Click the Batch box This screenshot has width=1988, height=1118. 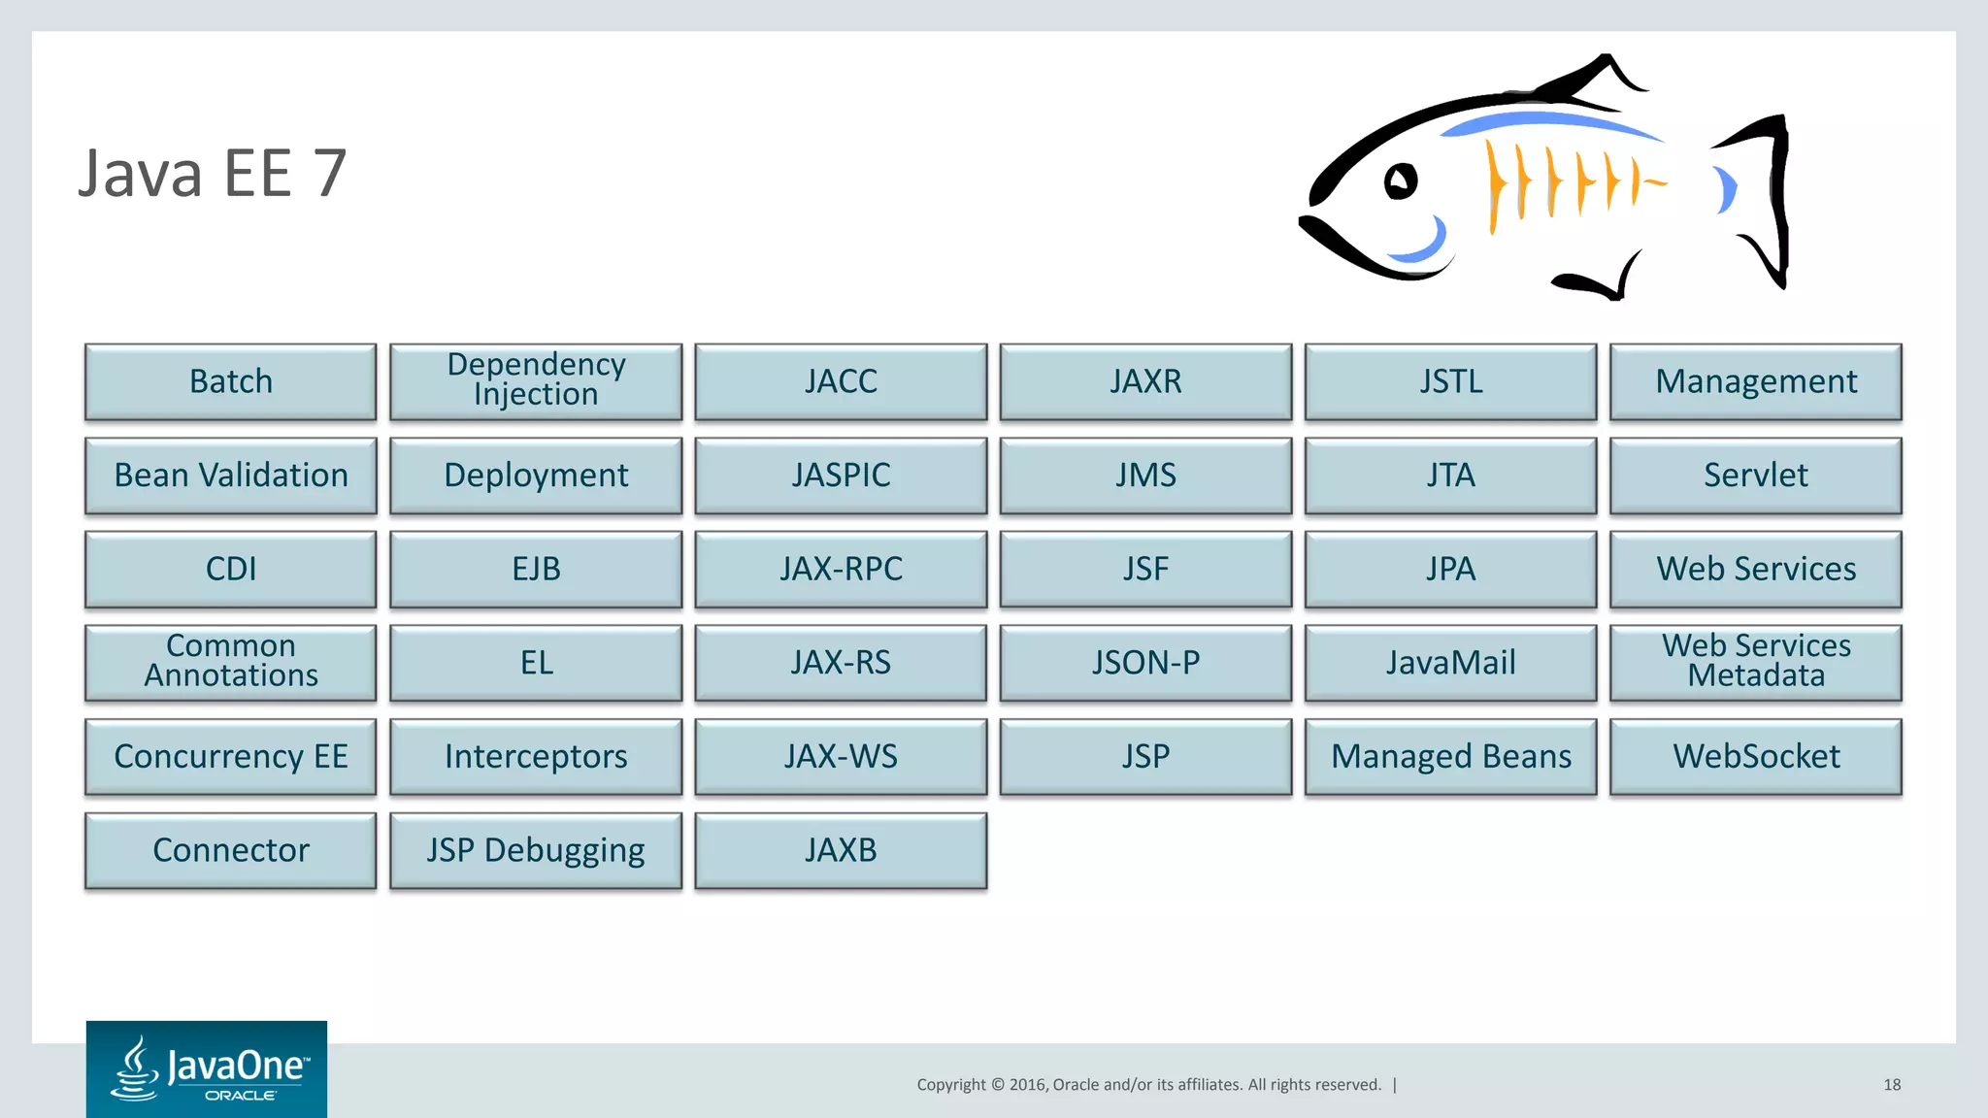231,381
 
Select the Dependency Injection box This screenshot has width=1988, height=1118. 536,381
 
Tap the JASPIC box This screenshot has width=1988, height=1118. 841,476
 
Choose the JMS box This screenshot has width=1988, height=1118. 1145,476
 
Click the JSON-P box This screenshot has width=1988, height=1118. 1145,663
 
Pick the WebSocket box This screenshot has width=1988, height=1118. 1755,757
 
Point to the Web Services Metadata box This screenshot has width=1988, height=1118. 1755,663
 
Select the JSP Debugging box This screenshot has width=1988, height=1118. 536,851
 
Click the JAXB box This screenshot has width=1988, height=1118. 841,851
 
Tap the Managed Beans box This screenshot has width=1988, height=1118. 1450,757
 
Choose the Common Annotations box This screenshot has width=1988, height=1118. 231,663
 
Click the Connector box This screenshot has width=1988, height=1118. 231,851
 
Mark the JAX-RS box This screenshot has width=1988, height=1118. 841,663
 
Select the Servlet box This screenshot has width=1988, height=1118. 1755,476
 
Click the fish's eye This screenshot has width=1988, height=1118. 1400,181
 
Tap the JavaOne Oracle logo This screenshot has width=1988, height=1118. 207,1069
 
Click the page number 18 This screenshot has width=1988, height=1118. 1891,1085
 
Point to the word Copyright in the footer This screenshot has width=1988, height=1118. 950,1085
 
